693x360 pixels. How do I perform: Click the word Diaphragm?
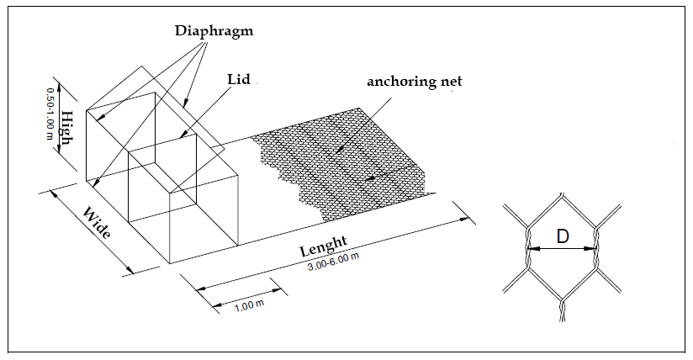tap(214, 31)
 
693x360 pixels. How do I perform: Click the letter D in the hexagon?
tap(562, 237)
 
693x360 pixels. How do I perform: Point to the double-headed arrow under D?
tap(562, 249)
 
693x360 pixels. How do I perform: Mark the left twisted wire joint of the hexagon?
tap(527, 249)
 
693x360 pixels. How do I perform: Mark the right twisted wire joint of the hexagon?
tap(596, 249)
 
